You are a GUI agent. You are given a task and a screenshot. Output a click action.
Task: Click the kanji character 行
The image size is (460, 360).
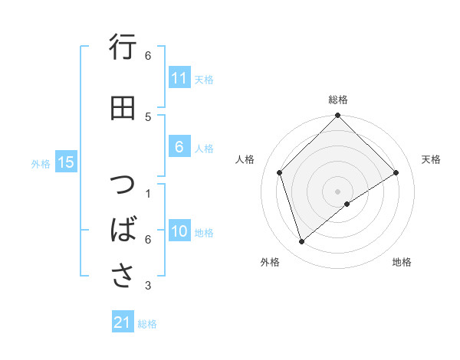(123, 49)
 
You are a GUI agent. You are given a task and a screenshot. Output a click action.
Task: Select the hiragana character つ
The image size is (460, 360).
(123, 186)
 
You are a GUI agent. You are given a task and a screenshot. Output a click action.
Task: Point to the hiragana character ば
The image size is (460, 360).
(123, 230)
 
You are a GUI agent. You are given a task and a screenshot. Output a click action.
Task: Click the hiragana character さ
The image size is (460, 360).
(123, 274)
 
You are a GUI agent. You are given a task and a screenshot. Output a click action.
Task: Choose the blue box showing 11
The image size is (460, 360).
(179, 78)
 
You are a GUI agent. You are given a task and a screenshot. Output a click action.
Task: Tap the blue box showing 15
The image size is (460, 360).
(66, 162)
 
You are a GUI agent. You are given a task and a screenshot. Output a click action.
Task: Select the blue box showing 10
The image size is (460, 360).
(179, 232)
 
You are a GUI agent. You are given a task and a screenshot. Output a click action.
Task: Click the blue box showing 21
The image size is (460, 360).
(123, 322)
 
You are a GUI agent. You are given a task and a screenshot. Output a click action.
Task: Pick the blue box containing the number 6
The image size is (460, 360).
(179, 147)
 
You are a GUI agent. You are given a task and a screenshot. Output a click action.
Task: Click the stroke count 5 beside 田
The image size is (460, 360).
(148, 116)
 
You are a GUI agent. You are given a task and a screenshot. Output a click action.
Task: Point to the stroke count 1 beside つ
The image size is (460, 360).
(148, 193)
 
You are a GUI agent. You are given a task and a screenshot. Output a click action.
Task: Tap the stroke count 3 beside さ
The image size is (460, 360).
(148, 286)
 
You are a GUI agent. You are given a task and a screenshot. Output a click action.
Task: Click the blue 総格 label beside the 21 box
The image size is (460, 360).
(147, 324)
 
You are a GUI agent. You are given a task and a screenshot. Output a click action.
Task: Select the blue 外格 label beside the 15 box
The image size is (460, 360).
(41, 163)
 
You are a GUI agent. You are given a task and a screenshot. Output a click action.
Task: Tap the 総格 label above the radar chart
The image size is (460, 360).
(337, 100)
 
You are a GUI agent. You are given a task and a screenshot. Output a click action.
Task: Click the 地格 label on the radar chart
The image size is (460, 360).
(402, 262)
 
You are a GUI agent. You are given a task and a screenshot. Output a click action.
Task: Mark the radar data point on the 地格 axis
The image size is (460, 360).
(347, 204)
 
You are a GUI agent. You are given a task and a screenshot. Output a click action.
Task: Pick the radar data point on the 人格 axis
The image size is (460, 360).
(280, 172)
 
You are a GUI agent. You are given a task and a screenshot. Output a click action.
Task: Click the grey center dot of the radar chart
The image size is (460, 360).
(337, 191)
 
